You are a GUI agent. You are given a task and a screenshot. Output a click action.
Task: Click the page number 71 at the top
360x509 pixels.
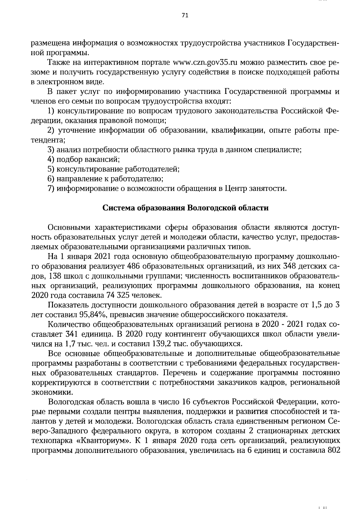point(185,16)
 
